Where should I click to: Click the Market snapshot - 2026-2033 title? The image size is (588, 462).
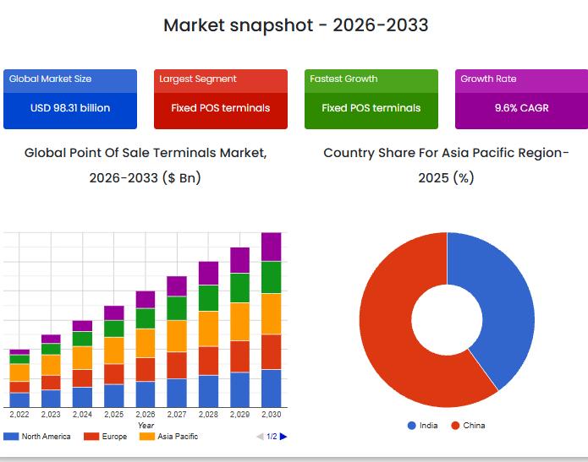pos(295,25)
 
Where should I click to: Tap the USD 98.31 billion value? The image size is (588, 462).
pos(70,108)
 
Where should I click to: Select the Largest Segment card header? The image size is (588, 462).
pos(198,79)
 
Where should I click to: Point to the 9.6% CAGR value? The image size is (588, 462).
pos(522,108)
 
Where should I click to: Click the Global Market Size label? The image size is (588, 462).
pos(51,79)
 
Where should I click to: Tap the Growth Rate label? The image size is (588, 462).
pos(488,79)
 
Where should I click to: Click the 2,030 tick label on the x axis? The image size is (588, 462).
pos(271,415)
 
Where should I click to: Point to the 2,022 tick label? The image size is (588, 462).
pos(19,415)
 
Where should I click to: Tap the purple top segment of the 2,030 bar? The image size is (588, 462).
pos(271,247)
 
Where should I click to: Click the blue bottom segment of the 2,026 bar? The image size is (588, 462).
pos(146,394)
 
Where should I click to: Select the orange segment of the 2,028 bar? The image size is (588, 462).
pos(208,329)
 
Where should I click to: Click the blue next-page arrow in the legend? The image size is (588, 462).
pos(283,436)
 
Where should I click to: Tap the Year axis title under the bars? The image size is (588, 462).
pos(146,425)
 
